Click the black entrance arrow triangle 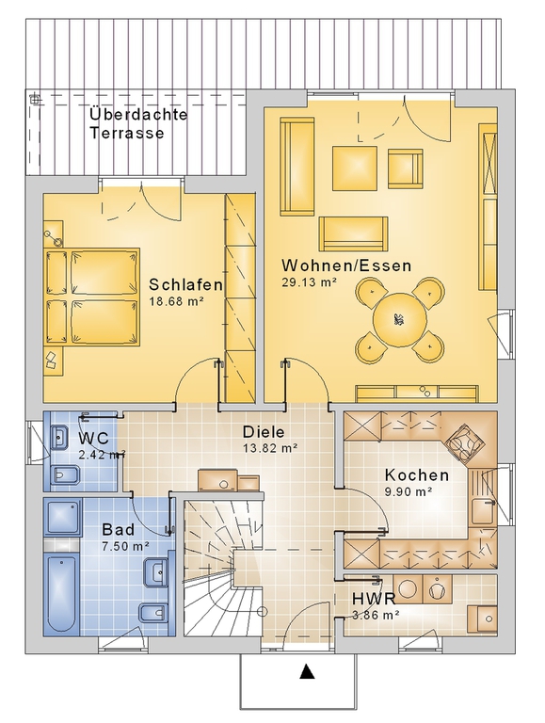[307, 671]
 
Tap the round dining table [400, 319]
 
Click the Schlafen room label [185, 284]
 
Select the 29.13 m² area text [309, 282]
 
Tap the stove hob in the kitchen [464, 442]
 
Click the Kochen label [417, 474]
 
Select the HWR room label [374, 599]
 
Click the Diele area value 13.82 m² [270, 447]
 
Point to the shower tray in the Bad [63, 517]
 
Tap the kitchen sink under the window [483, 510]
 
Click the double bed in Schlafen [92, 297]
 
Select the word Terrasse [127, 133]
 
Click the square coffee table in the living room [355, 169]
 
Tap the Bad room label [119, 529]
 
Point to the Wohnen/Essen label [346, 265]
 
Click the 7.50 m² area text [125, 546]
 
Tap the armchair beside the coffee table [406, 169]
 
